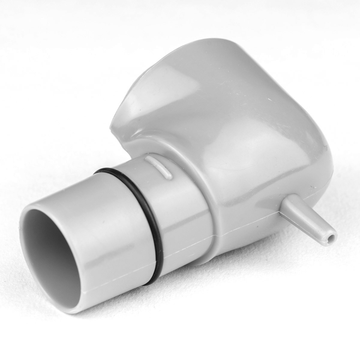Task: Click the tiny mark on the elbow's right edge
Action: (x=324, y=148)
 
